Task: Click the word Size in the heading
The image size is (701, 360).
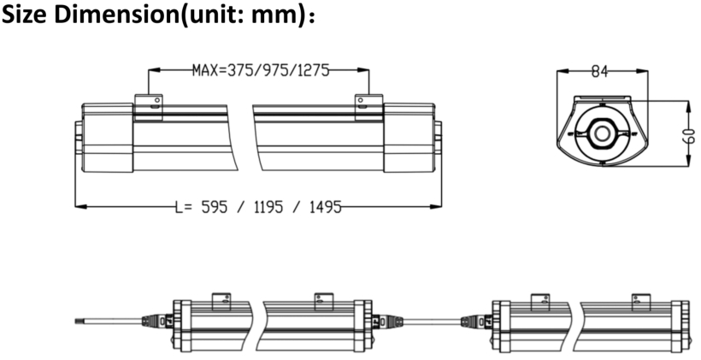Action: (x=25, y=15)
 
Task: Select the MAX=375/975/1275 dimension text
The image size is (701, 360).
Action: (x=261, y=70)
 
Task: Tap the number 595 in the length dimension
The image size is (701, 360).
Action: (x=214, y=207)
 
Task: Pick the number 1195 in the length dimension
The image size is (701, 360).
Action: (x=268, y=207)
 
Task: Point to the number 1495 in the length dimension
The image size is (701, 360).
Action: (x=325, y=207)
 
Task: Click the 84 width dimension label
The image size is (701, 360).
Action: (x=599, y=71)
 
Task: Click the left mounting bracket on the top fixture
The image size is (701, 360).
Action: (x=149, y=108)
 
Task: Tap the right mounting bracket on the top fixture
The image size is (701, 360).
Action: (x=368, y=108)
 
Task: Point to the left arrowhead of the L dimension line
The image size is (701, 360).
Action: (x=80, y=206)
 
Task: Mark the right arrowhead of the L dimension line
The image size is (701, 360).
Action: (x=436, y=206)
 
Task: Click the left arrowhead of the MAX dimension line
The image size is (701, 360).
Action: (x=154, y=70)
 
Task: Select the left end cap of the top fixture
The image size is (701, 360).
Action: (x=104, y=138)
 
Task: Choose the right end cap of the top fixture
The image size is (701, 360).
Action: (x=412, y=138)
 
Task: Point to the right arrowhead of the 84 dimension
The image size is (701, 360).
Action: (x=642, y=71)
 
